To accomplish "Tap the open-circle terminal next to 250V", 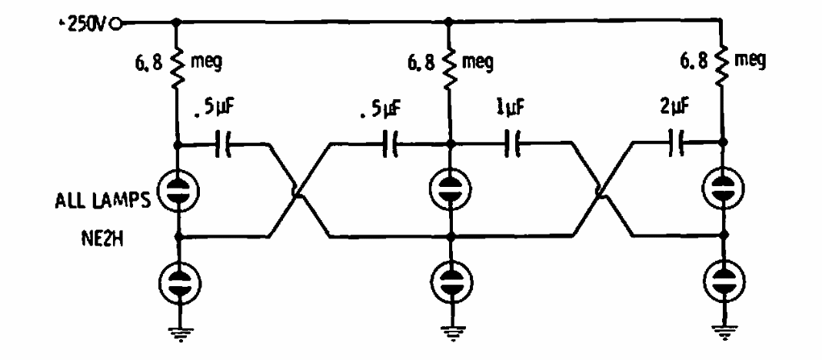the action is pos(116,23).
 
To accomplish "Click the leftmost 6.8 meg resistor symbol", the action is pos(177,62).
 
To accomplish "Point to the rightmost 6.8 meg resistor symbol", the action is pos(722,61).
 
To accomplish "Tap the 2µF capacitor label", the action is pos(673,109).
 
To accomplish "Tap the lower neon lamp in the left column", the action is pos(178,280).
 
